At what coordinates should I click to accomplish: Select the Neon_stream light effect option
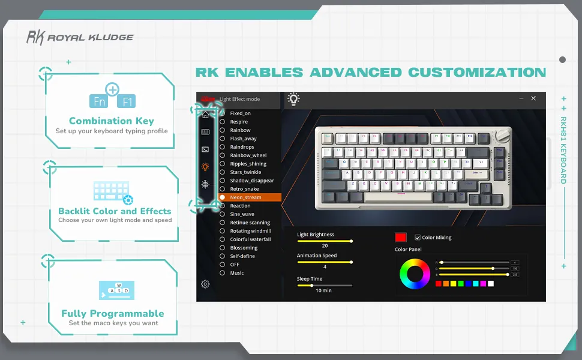click(246, 197)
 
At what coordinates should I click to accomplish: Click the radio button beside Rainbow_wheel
click(223, 155)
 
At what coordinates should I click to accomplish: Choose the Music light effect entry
click(237, 273)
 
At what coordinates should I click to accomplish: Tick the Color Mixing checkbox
click(418, 238)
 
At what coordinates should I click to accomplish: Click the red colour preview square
click(401, 238)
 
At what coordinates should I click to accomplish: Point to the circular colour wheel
click(415, 274)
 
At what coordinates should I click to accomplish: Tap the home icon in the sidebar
click(205, 115)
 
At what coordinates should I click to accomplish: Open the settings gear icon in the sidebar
click(205, 284)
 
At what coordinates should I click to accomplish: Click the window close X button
click(533, 98)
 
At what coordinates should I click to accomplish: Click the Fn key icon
click(99, 101)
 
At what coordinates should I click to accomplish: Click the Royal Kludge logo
click(80, 37)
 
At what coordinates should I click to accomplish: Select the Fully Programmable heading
click(113, 313)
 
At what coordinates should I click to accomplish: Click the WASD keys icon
click(117, 290)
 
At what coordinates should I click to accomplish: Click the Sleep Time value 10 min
click(323, 290)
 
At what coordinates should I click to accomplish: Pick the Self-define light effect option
click(242, 256)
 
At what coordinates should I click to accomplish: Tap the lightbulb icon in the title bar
click(293, 99)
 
